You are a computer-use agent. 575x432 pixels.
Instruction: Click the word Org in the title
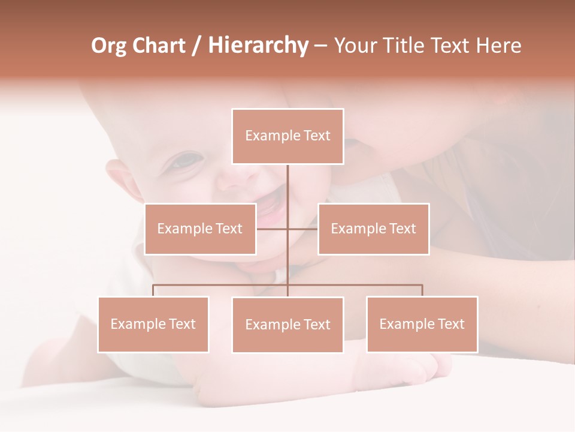click(x=108, y=46)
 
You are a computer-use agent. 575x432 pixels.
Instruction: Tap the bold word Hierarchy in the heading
click(x=258, y=46)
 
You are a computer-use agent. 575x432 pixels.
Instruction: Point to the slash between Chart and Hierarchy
click(x=197, y=46)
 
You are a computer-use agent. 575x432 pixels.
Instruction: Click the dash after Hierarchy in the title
click(x=320, y=46)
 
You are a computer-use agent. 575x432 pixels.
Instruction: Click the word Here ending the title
click(x=498, y=46)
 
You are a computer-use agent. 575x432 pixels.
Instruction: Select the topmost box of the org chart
click(x=287, y=136)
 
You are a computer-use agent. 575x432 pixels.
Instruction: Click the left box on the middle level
click(x=200, y=229)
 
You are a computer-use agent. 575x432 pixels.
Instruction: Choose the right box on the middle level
click(x=373, y=229)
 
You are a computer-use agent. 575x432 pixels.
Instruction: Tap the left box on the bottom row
click(x=153, y=324)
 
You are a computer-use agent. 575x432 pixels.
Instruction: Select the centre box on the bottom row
click(x=287, y=325)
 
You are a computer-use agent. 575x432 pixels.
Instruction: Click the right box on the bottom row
click(x=422, y=324)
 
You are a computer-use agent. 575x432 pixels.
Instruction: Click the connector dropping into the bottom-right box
click(x=422, y=290)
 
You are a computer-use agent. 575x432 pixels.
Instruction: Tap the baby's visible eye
click(x=187, y=160)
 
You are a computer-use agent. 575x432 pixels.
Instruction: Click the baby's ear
click(x=120, y=180)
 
